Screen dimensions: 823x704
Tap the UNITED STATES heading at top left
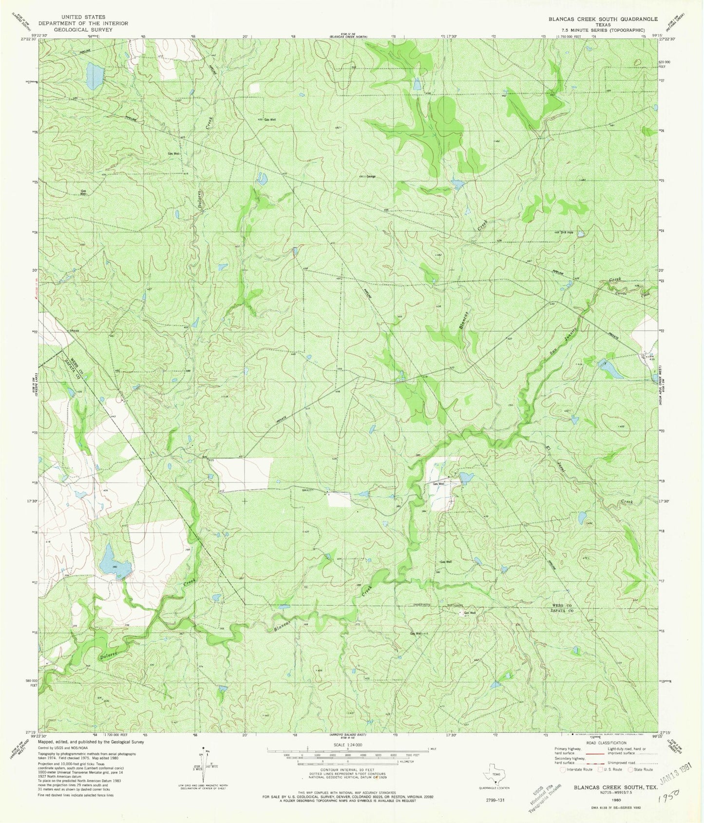coord(81,17)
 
